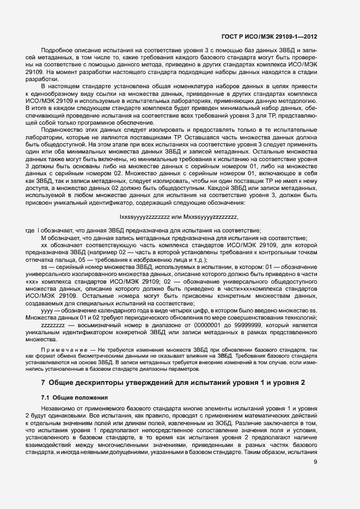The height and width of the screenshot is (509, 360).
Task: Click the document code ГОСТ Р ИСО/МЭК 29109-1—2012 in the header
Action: pos(270,37)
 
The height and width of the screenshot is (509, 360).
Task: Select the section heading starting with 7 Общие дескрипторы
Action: pos(169,382)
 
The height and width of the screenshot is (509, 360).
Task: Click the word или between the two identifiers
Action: pos(175,217)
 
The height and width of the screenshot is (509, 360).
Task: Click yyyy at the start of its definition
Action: pos(48,310)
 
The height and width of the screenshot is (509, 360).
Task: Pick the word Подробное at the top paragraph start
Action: pos(58,50)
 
